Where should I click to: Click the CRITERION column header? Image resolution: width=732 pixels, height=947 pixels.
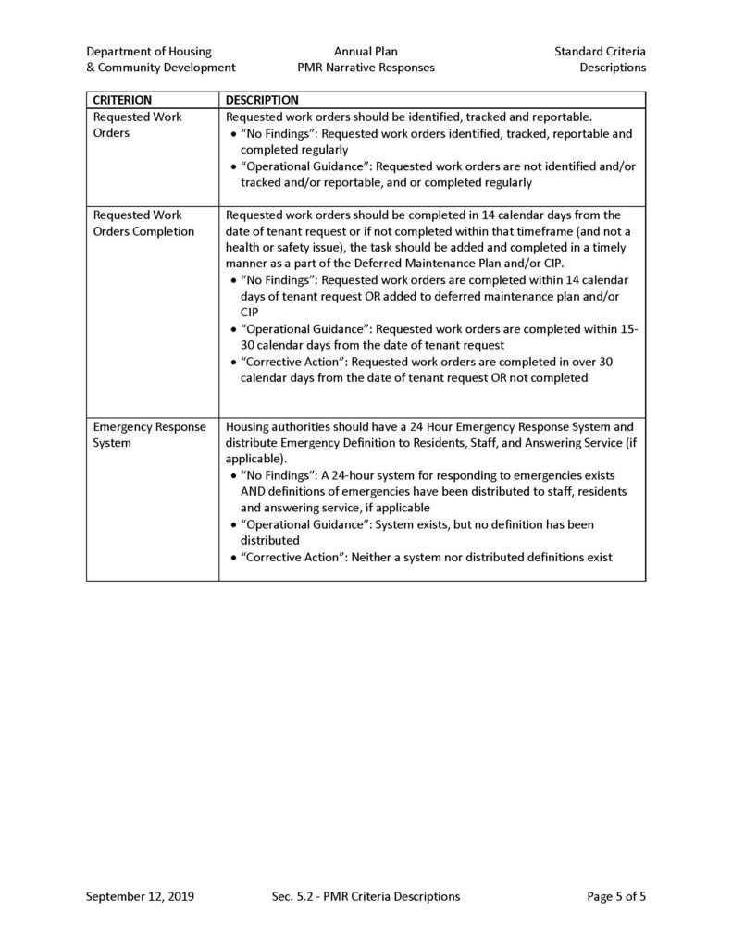(x=123, y=100)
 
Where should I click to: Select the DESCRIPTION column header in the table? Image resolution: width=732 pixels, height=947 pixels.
(x=262, y=100)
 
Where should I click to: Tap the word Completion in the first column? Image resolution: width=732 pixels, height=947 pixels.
(x=161, y=231)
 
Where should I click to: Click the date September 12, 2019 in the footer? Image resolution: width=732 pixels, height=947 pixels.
(x=140, y=896)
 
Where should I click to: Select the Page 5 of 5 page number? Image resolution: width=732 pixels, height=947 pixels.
(x=616, y=896)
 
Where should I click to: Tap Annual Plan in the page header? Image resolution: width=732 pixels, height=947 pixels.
(x=366, y=52)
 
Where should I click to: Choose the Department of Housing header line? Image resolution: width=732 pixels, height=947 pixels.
(x=149, y=52)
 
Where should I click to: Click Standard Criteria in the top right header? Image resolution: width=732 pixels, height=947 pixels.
(x=600, y=52)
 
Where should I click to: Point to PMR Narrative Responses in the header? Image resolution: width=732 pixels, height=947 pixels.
(x=366, y=68)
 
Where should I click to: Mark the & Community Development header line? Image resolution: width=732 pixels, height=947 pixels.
(x=160, y=68)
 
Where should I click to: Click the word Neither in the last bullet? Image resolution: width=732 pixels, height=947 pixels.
(x=373, y=557)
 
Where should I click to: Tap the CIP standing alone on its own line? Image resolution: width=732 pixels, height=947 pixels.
(x=250, y=312)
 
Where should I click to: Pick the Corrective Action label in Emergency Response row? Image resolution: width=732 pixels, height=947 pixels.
(x=292, y=557)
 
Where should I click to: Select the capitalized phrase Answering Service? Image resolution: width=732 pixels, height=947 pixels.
(x=563, y=442)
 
